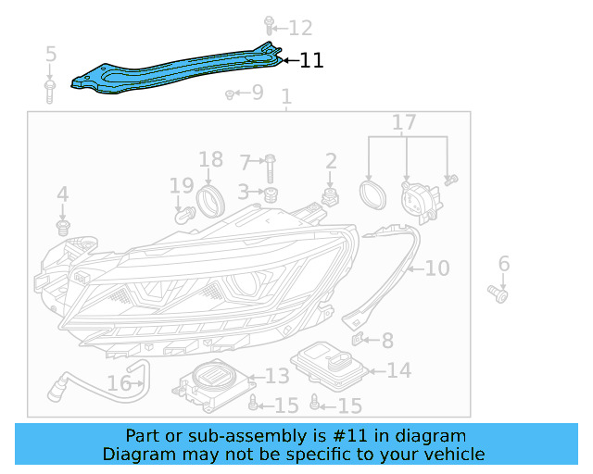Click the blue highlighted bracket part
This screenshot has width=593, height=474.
(x=176, y=72)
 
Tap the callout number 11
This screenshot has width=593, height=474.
(x=311, y=61)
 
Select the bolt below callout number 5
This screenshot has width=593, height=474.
(x=50, y=90)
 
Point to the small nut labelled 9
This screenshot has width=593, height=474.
(x=230, y=94)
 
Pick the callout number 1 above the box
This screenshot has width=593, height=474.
(x=286, y=96)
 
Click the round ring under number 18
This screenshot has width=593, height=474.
(x=210, y=199)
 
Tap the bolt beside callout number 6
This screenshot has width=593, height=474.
(x=498, y=294)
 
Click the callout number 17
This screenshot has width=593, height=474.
(x=404, y=122)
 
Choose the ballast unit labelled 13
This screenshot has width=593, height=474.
(x=213, y=381)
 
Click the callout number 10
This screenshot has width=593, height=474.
(x=436, y=268)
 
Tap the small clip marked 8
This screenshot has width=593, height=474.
(x=362, y=341)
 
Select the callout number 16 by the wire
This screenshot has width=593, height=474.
(x=119, y=383)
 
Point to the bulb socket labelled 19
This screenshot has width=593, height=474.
(x=183, y=216)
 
